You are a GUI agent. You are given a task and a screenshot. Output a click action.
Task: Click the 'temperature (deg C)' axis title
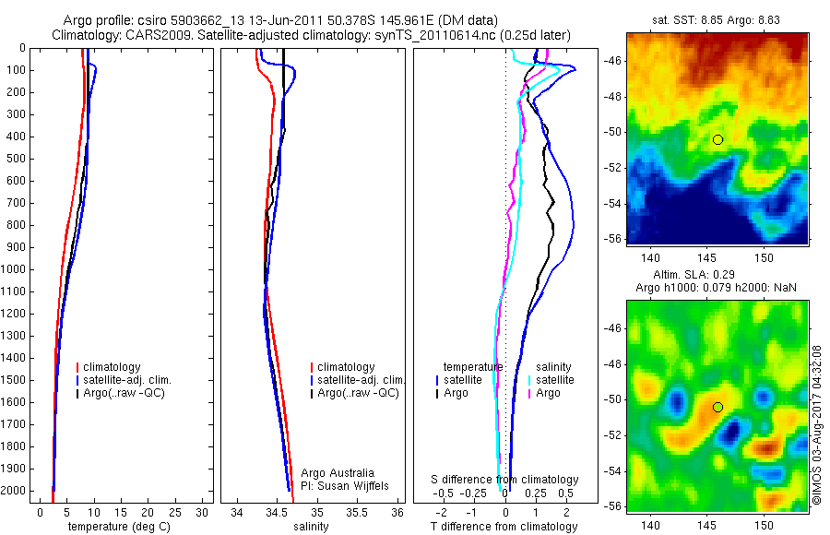[x=116, y=528]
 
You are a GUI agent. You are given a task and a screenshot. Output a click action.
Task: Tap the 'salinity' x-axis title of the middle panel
[x=309, y=528]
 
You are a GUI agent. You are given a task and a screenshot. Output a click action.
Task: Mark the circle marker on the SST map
[x=717, y=139]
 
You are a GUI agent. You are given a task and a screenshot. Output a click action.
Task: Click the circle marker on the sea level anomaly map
[x=717, y=407]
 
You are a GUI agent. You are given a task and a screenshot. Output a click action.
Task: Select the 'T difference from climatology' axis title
[x=504, y=528]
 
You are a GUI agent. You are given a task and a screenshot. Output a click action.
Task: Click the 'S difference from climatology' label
[x=505, y=480]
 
